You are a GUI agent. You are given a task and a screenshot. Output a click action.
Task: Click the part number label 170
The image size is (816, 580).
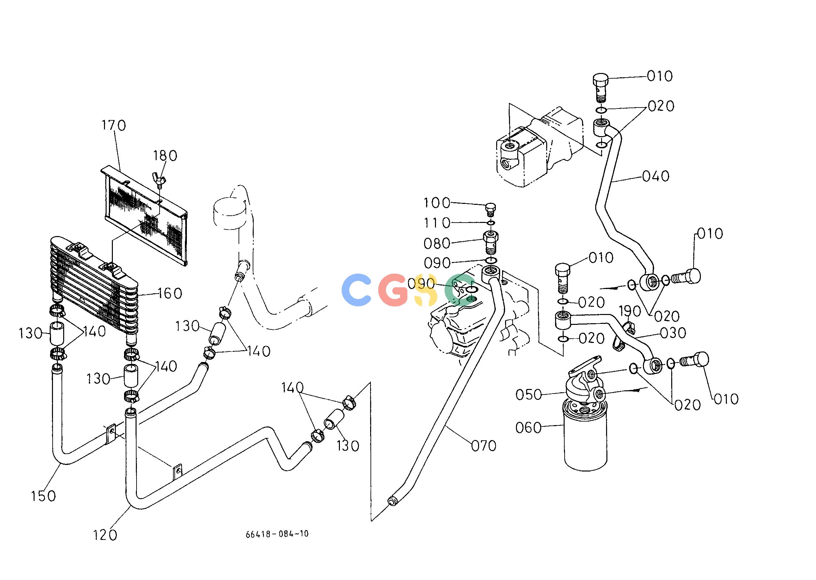(x=114, y=125)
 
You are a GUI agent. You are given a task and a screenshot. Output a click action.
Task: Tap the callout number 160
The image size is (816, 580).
(x=170, y=293)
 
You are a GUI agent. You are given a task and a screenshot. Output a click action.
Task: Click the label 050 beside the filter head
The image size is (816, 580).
(x=529, y=395)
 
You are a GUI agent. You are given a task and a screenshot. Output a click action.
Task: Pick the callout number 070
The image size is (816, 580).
(x=484, y=446)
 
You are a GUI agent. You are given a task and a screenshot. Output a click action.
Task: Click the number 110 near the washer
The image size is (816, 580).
(x=437, y=223)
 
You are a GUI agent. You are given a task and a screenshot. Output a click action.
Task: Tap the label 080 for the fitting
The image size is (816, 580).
(x=437, y=244)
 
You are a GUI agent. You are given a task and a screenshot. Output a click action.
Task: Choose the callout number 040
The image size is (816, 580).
(x=656, y=176)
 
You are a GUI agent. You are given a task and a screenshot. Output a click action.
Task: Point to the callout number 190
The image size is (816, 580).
(x=630, y=311)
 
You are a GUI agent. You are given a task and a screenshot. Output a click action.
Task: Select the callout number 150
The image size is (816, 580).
(x=43, y=496)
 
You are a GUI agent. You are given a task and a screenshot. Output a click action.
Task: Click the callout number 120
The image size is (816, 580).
(x=105, y=535)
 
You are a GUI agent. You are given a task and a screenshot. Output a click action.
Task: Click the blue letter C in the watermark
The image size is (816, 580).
(x=356, y=290)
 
